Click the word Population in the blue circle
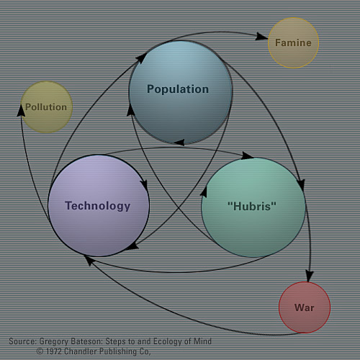pyautogui.click(x=178, y=90)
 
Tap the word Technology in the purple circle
pyautogui.click(x=98, y=206)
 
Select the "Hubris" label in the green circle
pyautogui.click(x=252, y=206)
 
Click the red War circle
pyautogui.click(x=305, y=307)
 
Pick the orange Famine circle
pyautogui.click(x=293, y=42)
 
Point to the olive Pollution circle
pyautogui.click(x=46, y=107)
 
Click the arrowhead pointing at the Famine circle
pyautogui.click(x=262, y=35)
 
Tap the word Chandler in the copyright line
pyautogui.click(x=87, y=351)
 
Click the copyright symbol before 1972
pyautogui.click(x=41, y=351)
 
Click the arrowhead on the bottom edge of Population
pyautogui.click(x=178, y=143)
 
